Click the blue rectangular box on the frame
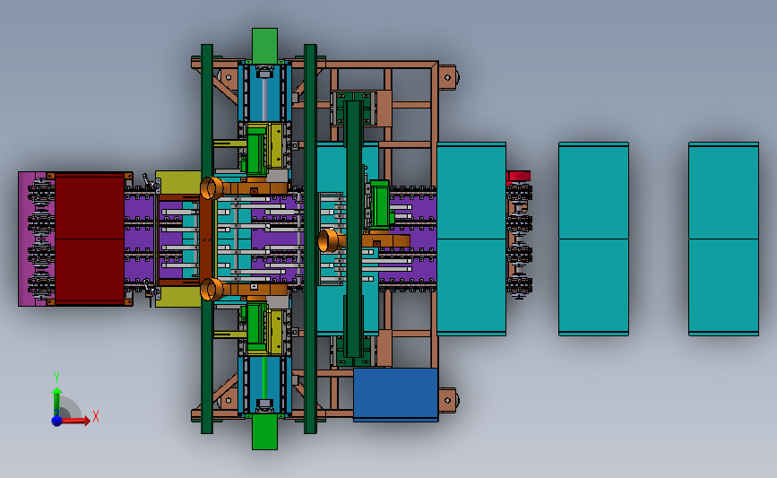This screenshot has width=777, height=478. click(395, 395)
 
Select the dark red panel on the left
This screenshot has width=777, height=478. click(90, 239)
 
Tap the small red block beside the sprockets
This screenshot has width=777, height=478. click(518, 176)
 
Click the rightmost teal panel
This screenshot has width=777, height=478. click(723, 239)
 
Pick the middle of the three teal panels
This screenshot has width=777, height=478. click(593, 239)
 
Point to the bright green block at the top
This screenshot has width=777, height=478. click(264, 46)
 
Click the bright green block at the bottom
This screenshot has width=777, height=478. click(264, 432)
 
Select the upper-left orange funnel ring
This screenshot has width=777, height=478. click(212, 188)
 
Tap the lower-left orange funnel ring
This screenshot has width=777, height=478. click(212, 289)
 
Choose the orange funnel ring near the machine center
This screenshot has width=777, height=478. click(328, 240)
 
